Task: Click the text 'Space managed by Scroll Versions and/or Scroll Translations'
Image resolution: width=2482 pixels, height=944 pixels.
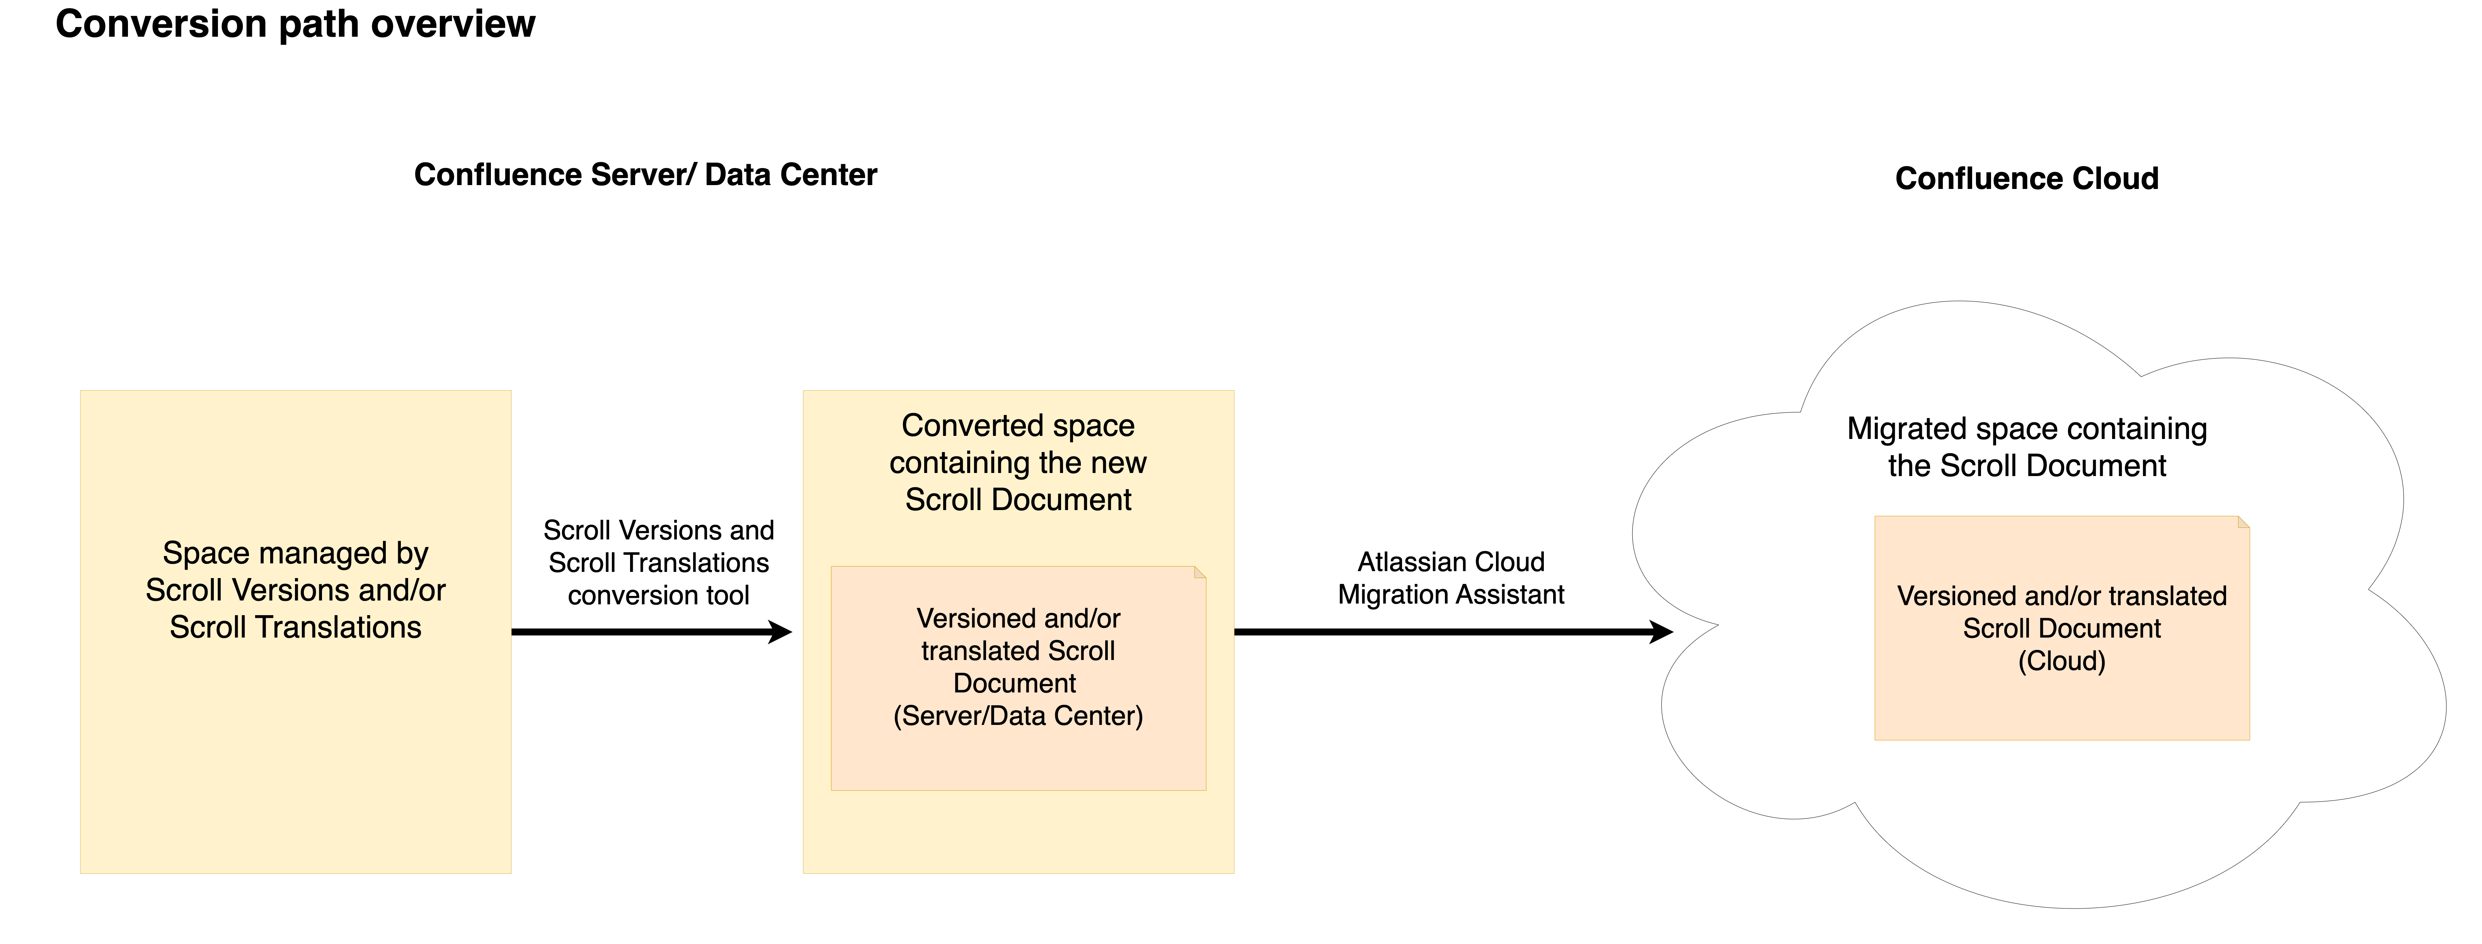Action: coord(295,590)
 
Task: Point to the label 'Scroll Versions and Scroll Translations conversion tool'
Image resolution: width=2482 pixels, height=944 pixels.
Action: coord(658,563)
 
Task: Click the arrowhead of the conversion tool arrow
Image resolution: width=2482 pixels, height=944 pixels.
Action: coord(780,632)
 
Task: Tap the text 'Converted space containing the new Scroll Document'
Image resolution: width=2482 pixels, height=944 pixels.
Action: coord(1017,463)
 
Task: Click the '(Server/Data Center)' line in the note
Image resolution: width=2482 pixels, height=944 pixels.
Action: coord(1017,716)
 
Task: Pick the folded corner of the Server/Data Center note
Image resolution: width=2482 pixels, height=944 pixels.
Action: coord(1199,572)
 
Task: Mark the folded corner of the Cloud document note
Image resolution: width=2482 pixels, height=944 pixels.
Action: coord(2243,522)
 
